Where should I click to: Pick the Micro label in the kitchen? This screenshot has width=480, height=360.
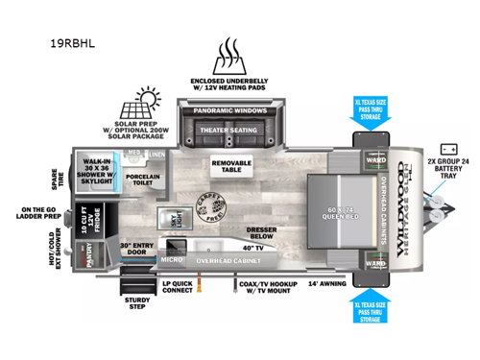[172, 259]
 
